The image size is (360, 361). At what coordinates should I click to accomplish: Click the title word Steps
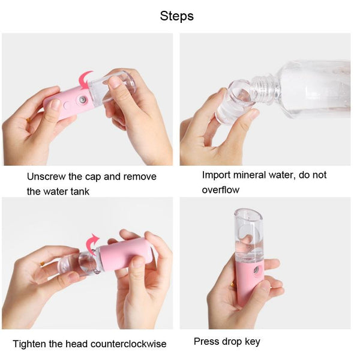click(176, 16)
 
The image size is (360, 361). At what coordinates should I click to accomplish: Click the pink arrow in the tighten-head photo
click(92, 244)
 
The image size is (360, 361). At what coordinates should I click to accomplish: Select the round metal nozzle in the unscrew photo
click(83, 100)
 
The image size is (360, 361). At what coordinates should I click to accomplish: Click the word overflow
click(221, 190)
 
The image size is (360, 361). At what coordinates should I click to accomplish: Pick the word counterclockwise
click(128, 344)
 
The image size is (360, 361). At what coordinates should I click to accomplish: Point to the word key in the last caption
click(253, 342)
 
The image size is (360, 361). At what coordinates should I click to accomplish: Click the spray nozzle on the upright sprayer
click(256, 270)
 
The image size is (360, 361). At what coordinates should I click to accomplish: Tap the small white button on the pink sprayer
click(66, 106)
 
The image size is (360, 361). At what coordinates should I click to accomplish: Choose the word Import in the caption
click(216, 175)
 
